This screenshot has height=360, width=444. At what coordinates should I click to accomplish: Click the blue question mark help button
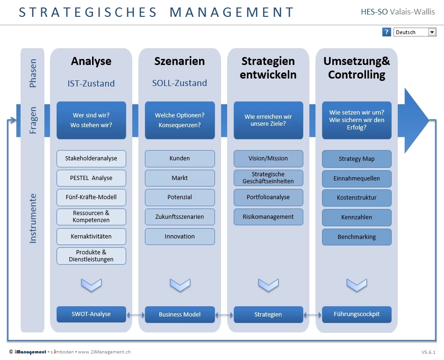(x=386, y=32)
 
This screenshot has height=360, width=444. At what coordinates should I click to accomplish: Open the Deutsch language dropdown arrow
(x=432, y=32)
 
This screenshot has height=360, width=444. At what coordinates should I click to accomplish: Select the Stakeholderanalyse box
(x=91, y=158)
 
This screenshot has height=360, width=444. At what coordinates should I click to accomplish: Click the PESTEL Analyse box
(x=91, y=178)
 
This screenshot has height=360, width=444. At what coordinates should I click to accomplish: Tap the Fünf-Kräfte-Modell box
(x=91, y=197)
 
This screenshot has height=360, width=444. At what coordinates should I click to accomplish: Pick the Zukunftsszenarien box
(x=180, y=216)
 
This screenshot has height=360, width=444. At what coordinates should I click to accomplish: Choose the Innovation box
(x=180, y=236)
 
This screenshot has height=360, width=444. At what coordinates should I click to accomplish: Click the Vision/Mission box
(x=268, y=158)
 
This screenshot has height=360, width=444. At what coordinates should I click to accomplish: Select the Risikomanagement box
(x=268, y=216)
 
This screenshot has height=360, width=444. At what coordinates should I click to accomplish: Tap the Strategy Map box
(x=357, y=159)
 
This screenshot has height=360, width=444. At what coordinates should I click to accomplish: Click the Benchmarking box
(x=357, y=237)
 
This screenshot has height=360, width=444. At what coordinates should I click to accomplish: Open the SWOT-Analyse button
(x=91, y=314)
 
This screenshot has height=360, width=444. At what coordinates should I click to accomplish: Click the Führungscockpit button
(x=357, y=314)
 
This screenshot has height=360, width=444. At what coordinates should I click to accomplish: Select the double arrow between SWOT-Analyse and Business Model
(x=136, y=315)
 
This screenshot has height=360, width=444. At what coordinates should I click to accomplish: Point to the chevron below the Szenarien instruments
(x=180, y=285)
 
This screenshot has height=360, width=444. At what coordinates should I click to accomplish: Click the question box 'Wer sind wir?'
(x=91, y=120)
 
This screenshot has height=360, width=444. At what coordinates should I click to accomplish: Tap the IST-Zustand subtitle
(x=91, y=83)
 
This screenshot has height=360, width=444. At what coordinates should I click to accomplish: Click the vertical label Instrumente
(x=33, y=218)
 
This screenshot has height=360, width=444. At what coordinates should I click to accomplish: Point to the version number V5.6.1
(x=428, y=353)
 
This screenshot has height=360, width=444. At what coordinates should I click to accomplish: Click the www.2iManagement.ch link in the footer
(x=105, y=352)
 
